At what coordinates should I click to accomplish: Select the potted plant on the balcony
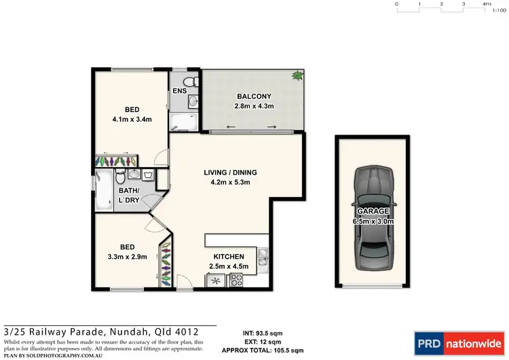tap(297, 76)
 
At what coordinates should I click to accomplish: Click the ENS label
tap(180, 90)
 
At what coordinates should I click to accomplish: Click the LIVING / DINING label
tap(231, 173)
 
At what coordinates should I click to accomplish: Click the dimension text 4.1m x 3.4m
tap(132, 120)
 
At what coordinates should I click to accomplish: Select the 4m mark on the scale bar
tap(487, 5)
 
